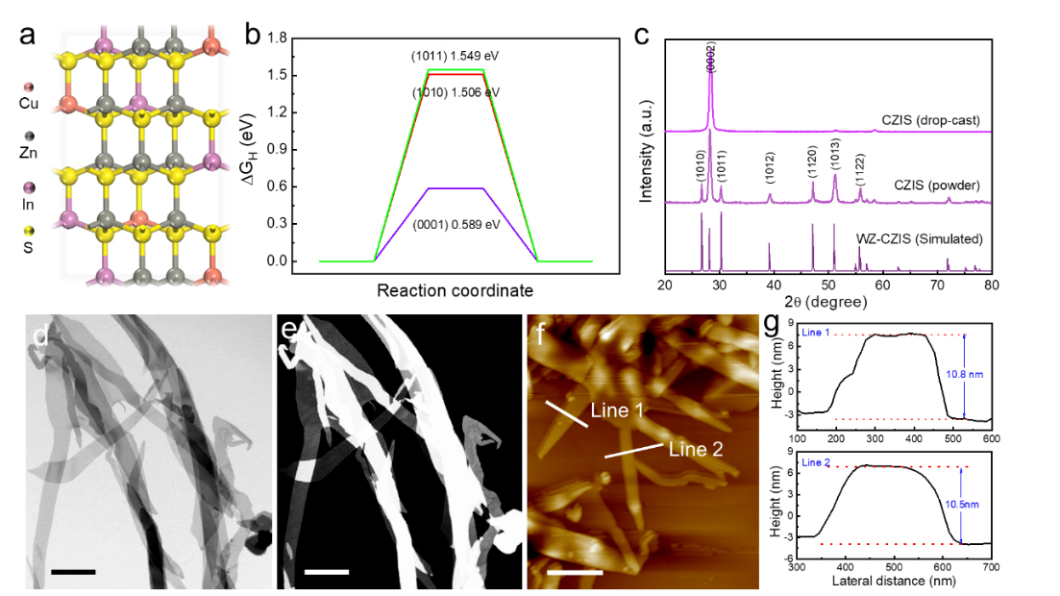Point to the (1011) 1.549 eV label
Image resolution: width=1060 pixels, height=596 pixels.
coord(456,56)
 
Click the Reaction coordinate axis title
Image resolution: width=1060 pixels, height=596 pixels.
coord(455,289)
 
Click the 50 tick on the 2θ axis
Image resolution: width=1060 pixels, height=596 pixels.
coord(828,286)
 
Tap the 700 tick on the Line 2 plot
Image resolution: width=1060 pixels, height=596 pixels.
coord(991,567)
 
